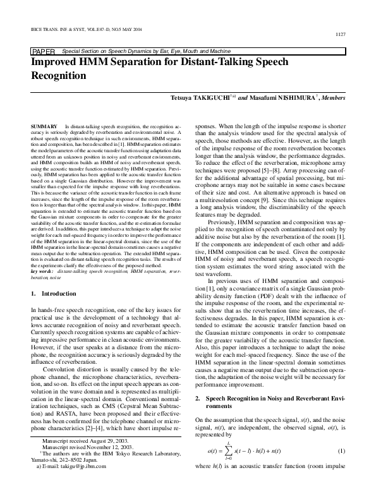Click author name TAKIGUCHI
215,99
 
